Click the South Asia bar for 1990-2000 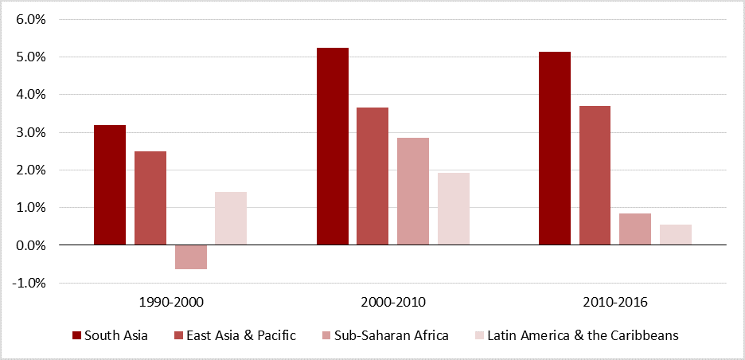pyautogui.click(x=110, y=185)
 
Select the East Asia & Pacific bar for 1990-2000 pyautogui.click(x=150, y=198)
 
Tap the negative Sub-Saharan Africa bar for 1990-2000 pyautogui.click(x=191, y=257)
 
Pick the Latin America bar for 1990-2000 pyautogui.click(x=231, y=218)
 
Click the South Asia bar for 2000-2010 pyautogui.click(x=333, y=147)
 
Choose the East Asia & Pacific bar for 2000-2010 pyautogui.click(x=372, y=176)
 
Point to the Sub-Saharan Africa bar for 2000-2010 pyautogui.click(x=413, y=191)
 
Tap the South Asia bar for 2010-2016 pyautogui.click(x=555, y=148)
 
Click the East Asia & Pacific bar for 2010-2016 pyautogui.click(x=595, y=175)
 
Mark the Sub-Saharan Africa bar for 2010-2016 pyautogui.click(x=635, y=229)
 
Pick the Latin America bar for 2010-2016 pyautogui.click(x=676, y=235)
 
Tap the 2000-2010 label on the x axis pyautogui.click(x=393, y=303)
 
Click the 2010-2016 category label pyautogui.click(x=615, y=303)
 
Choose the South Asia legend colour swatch pyautogui.click(x=77, y=335)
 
